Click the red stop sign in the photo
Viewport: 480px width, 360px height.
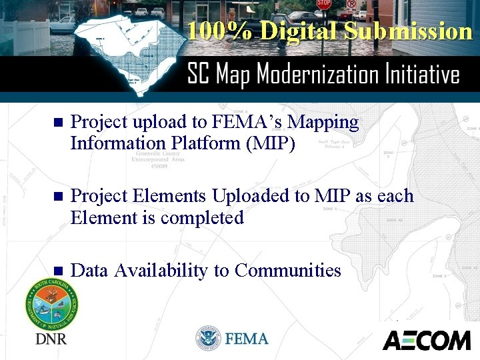(324, 5)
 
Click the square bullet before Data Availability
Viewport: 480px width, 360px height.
(57, 271)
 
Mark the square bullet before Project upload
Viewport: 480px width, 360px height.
(57, 123)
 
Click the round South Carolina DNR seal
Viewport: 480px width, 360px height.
(52, 303)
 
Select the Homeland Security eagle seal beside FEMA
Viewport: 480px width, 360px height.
(208, 339)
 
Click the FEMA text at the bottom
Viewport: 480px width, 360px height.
(247, 339)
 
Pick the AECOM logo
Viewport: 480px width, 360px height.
(427, 340)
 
